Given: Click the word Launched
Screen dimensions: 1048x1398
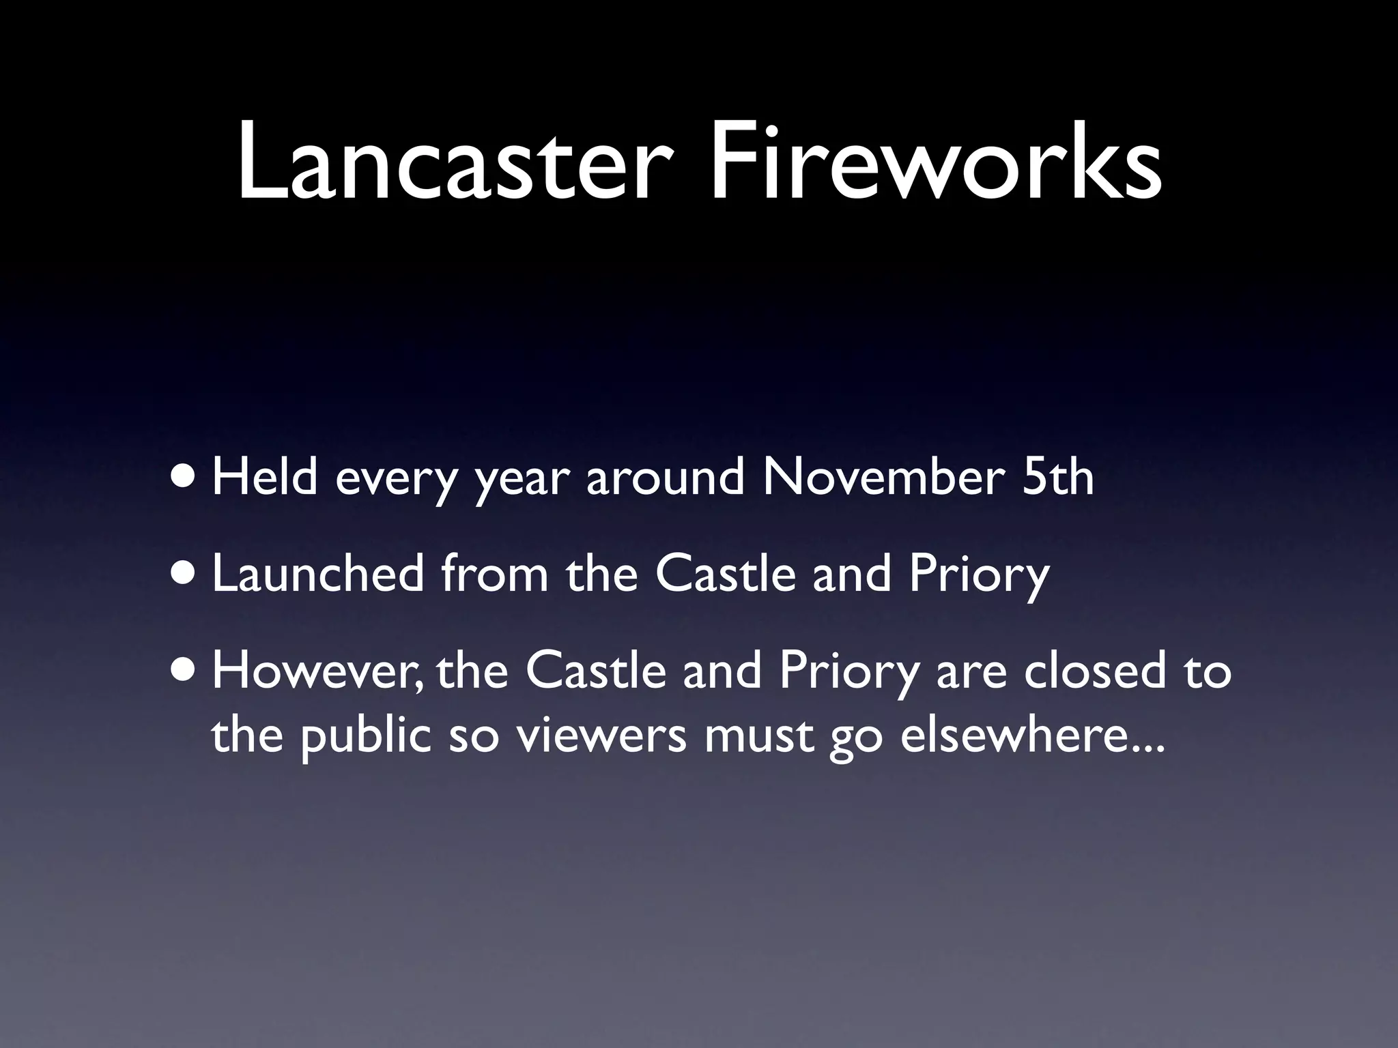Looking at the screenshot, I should [318, 574].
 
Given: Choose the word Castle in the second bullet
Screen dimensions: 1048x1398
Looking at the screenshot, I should [725, 574].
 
